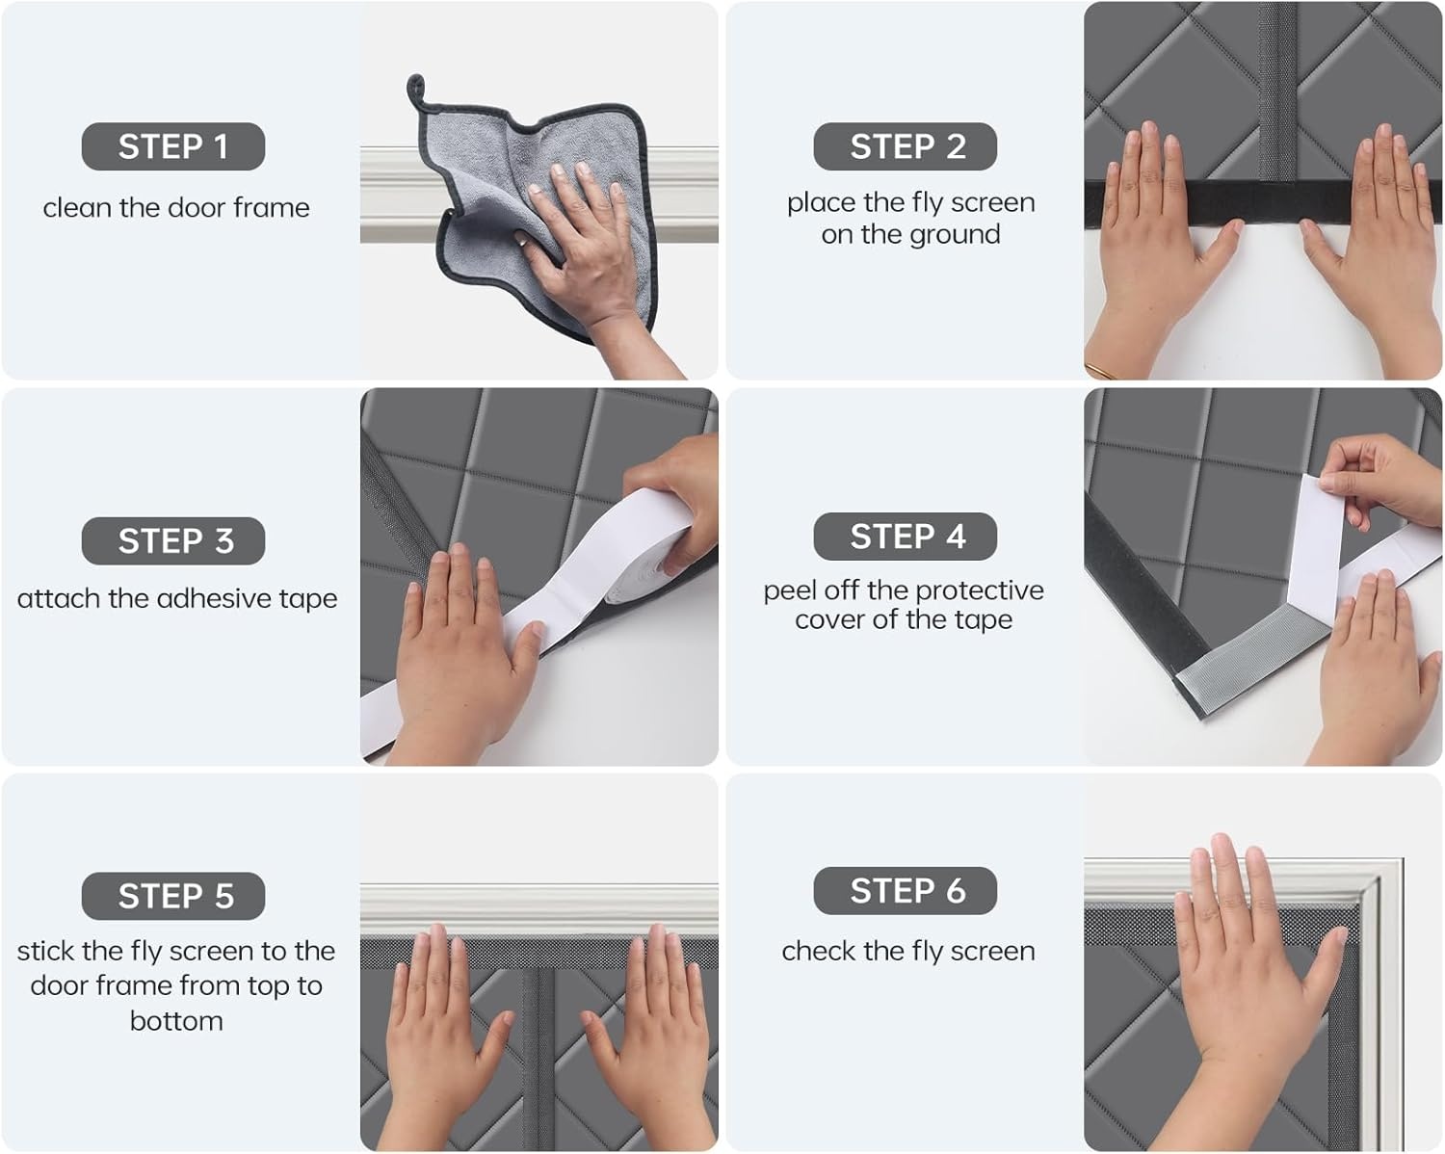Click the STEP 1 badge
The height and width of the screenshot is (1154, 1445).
coord(173,146)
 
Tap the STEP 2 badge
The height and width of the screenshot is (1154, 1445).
coord(906,146)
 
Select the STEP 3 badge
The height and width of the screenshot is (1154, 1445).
coord(173,540)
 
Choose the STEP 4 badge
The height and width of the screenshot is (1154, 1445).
coord(906,537)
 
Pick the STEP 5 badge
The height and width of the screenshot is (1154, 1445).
coord(173,896)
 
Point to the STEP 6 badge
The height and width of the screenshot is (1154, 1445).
coord(906,891)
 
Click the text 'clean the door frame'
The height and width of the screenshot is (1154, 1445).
coord(176,207)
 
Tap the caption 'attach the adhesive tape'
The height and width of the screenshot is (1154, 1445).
coord(177,598)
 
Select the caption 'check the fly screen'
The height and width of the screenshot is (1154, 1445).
coord(907,951)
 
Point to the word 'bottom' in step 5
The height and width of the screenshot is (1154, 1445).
coord(176,1021)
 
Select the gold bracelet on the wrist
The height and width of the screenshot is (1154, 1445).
coord(1101,370)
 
